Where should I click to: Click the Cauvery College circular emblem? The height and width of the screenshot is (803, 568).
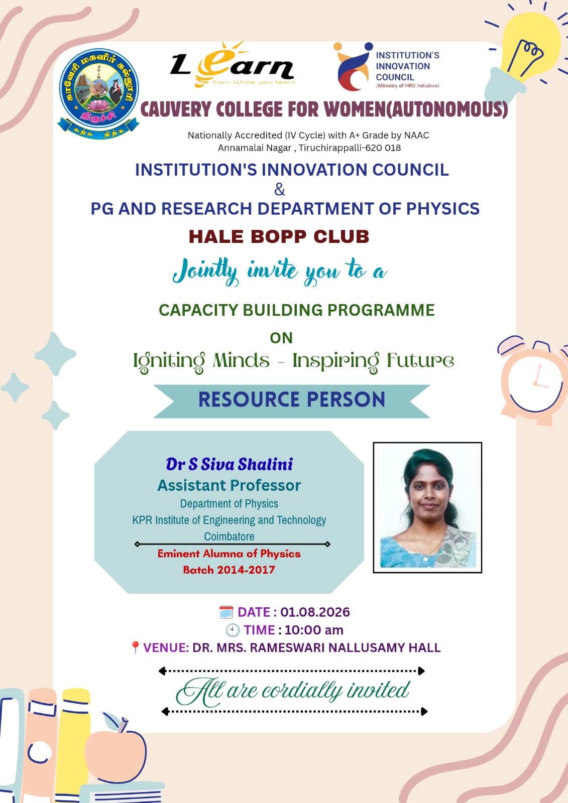[98, 94]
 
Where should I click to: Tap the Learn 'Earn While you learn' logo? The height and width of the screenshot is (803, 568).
[233, 65]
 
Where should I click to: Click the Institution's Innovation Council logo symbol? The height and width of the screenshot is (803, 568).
[353, 67]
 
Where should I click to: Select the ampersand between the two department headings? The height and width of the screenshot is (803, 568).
[280, 189]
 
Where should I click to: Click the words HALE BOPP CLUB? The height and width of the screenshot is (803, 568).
[279, 236]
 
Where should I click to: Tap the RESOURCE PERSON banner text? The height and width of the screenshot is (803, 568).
[292, 399]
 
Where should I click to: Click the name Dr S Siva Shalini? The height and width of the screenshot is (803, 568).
[230, 464]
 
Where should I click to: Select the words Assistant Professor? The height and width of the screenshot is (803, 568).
[229, 485]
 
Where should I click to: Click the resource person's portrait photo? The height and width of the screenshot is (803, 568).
[427, 507]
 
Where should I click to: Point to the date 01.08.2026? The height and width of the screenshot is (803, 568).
[315, 612]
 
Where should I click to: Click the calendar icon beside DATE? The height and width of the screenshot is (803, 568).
[226, 612]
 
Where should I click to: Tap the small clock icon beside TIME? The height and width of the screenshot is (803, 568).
[233, 630]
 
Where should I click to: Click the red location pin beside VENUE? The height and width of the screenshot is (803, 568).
[135, 647]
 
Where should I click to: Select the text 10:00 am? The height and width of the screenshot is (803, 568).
[313, 630]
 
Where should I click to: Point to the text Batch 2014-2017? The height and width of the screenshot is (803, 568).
[229, 570]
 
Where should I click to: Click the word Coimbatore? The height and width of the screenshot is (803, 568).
[230, 537]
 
